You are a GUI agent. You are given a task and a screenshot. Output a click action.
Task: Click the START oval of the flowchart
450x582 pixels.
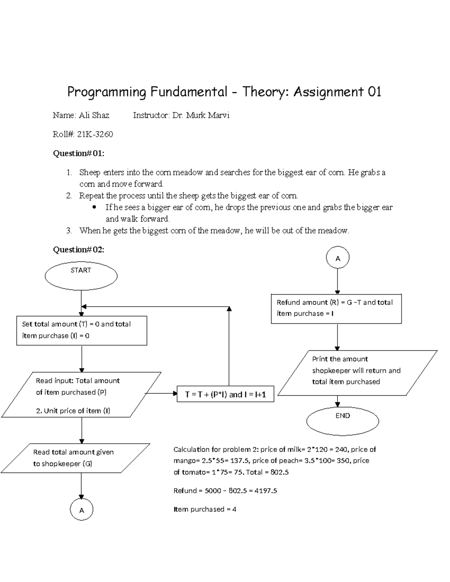(x=81, y=276)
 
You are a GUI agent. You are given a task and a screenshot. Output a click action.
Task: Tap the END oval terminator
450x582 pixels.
(x=342, y=420)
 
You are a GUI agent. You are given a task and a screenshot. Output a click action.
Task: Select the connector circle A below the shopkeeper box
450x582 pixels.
(x=81, y=510)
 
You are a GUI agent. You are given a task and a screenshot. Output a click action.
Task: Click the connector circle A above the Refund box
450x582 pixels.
(x=337, y=258)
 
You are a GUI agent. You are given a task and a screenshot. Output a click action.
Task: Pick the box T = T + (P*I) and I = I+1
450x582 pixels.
(x=225, y=394)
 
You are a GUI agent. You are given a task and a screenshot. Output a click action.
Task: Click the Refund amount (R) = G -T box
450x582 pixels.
(x=336, y=308)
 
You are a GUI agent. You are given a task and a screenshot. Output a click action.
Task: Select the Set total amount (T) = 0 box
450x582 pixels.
(x=82, y=330)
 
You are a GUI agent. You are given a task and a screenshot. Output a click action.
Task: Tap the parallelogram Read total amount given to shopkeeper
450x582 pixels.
(x=75, y=458)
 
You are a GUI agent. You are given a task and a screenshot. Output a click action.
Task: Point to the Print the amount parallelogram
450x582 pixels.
(x=357, y=373)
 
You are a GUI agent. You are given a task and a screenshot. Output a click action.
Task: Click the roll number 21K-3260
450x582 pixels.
(x=95, y=134)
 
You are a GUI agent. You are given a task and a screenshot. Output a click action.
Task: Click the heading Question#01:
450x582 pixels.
(x=79, y=153)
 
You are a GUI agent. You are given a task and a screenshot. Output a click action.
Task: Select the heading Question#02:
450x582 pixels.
(x=79, y=250)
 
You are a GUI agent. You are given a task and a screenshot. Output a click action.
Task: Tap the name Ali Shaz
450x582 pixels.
(x=94, y=115)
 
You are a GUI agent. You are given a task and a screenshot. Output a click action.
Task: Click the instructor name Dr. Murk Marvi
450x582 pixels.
(x=201, y=115)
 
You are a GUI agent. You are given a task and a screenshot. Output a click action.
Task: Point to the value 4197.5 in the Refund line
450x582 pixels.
(x=265, y=491)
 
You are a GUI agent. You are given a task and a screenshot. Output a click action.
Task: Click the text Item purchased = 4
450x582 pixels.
(x=205, y=509)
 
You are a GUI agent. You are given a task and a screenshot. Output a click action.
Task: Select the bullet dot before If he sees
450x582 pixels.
(x=94, y=207)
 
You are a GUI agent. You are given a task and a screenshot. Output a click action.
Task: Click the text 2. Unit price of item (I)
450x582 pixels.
(x=73, y=411)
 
